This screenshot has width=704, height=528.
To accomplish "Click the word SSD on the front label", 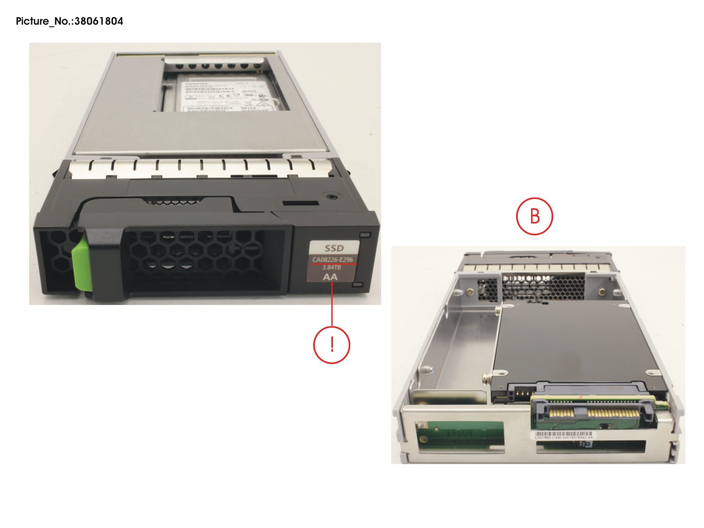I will (334, 248).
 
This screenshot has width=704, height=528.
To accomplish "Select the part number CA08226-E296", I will (333, 260).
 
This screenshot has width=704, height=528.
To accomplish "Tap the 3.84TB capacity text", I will (332, 268).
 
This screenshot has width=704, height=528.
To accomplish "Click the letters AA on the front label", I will (330, 277).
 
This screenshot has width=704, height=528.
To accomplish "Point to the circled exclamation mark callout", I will (332, 345).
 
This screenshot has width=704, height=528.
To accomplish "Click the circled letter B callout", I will (535, 216).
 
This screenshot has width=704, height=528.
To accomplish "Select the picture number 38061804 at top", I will (99, 21).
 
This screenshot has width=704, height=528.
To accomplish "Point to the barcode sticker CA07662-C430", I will (563, 435).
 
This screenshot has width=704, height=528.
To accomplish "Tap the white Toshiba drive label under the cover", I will (222, 93).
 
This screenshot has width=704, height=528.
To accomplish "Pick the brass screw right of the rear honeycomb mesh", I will (602, 292).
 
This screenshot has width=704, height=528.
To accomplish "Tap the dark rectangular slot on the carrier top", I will (300, 203).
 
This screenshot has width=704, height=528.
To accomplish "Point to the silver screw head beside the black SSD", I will (487, 377).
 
